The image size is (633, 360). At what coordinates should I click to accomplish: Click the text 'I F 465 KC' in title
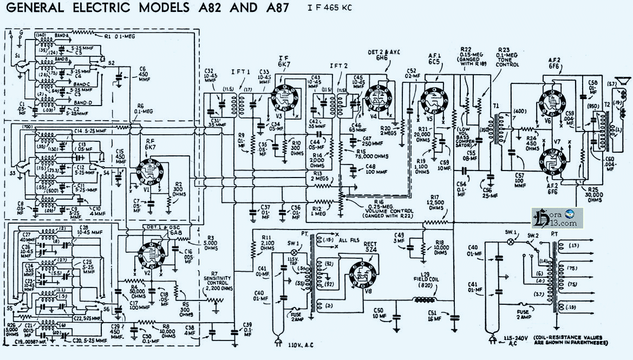pos(330,8)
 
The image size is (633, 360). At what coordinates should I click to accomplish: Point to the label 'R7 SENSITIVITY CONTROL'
pos(214,282)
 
